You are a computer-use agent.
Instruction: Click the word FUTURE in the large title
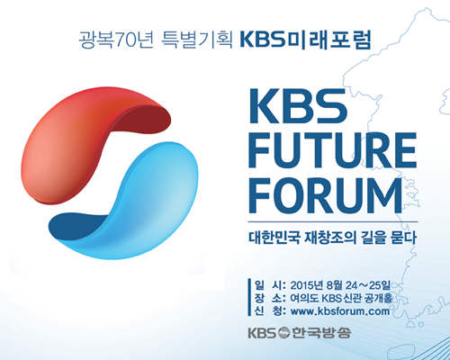tap(332, 150)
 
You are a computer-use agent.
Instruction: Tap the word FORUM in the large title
tap(326, 195)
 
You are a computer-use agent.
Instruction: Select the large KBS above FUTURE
tap(298, 106)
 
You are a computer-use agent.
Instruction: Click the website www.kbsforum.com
tap(340, 311)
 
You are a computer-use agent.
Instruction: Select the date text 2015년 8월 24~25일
tap(340, 285)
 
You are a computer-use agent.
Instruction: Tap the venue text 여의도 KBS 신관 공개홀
tap(341, 298)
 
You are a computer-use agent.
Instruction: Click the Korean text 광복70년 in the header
tap(116, 40)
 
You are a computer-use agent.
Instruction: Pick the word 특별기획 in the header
tap(197, 40)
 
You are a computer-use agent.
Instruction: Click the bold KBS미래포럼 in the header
tap(306, 40)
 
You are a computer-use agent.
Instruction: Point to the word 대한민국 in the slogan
tap(274, 237)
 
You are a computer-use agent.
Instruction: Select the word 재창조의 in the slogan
tap(330, 237)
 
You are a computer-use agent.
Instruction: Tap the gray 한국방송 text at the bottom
tap(321, 333)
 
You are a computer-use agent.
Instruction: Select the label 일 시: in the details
tap(270, 285)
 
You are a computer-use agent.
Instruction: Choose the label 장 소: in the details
tap(270, 298)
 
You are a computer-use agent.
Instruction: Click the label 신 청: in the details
tap(270, 311)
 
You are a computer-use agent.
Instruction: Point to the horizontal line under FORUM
tap(333, 222)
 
